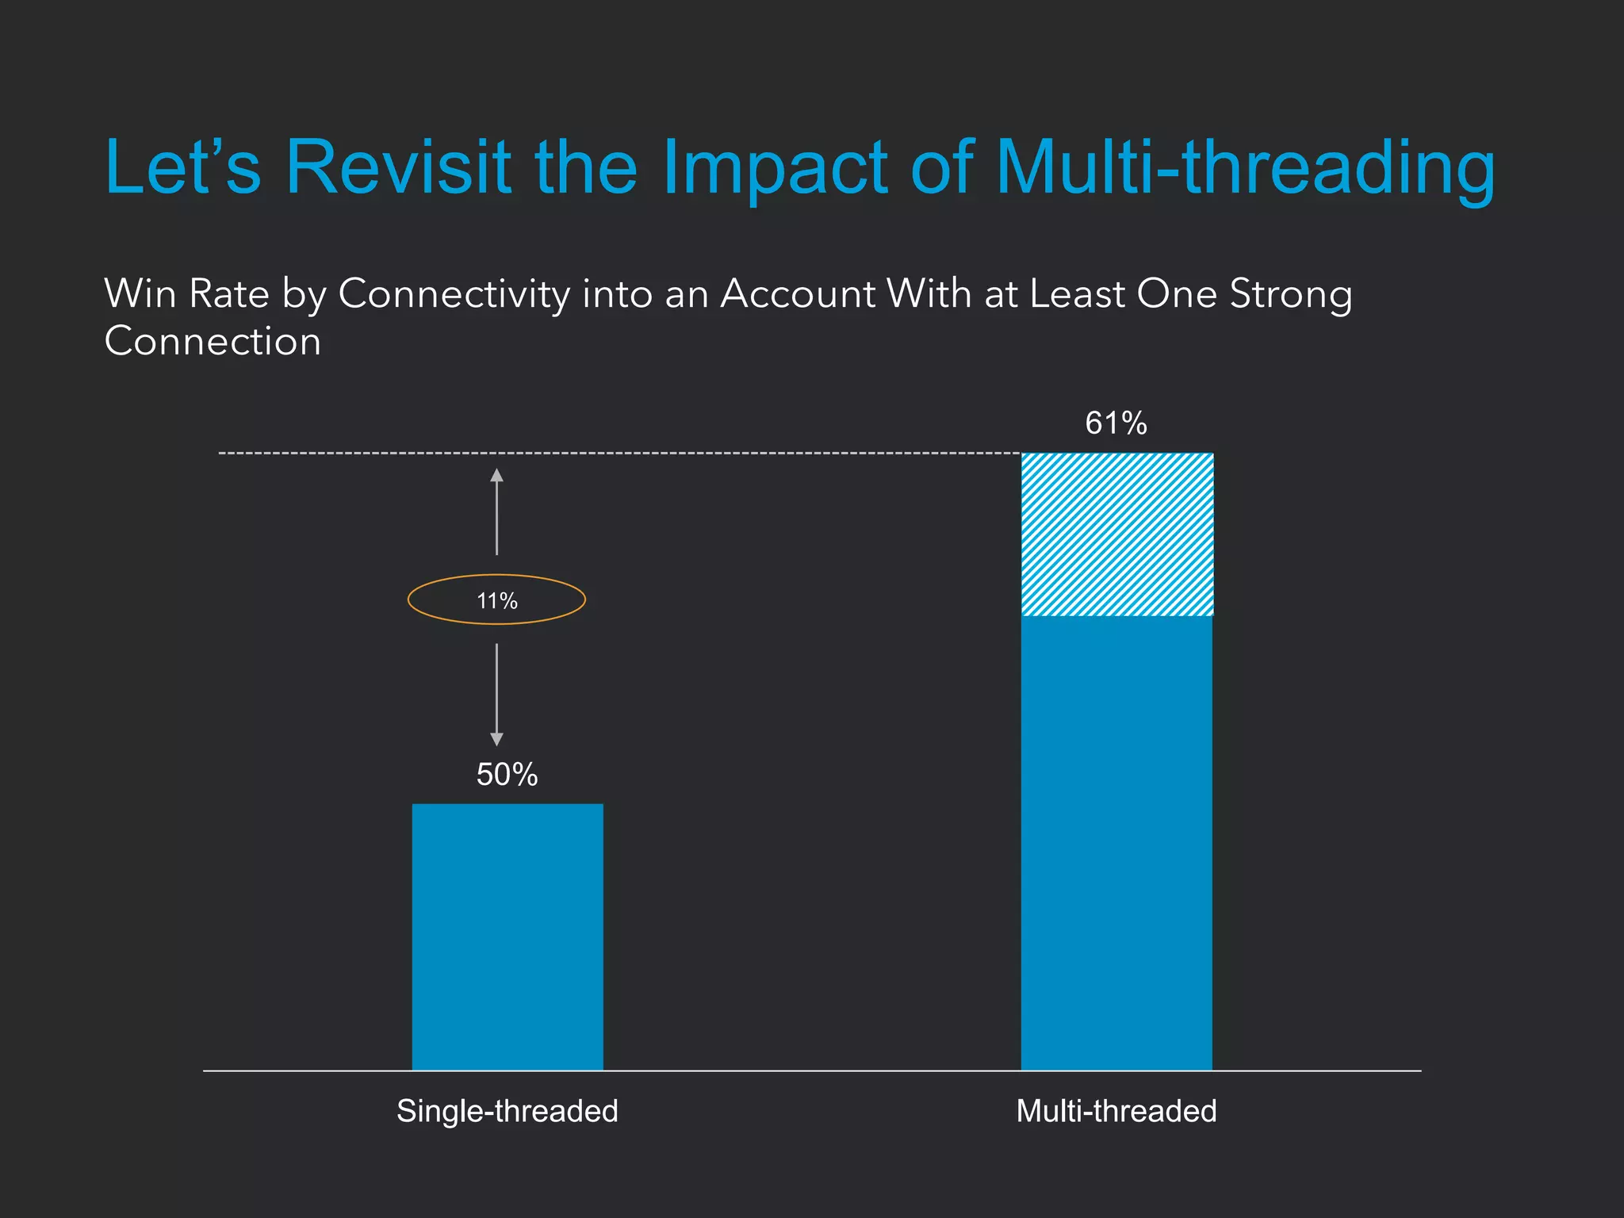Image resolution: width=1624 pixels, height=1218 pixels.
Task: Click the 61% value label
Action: point(1116,423)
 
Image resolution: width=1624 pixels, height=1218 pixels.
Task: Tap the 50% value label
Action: point(507,775)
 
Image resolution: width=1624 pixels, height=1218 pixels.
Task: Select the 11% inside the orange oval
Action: point(497,601)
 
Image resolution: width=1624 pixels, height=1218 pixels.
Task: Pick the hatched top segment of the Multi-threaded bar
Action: point(1116,534)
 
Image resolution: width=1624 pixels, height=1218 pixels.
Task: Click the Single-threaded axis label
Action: point(507,1111)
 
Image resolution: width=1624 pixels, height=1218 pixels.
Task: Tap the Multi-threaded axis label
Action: point(1116,1111)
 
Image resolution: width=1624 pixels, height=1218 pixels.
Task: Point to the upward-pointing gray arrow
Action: point(497,511)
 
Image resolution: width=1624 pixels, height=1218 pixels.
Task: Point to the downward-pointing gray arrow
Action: point(497,695)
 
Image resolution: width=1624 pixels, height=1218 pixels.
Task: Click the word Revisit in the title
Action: point(397,167)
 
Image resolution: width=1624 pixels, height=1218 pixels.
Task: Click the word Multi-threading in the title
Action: point(1244,167)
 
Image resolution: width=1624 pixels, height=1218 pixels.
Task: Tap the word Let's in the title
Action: point(182,167)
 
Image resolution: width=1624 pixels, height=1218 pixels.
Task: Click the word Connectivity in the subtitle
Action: point(454,294)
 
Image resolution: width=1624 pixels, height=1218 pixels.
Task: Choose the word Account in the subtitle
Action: point(797,294)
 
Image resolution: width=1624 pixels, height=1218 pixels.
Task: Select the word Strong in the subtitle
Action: point(1290,294)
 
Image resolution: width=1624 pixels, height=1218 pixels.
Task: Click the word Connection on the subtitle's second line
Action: point(213,342)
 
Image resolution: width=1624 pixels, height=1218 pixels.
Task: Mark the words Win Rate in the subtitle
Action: point(187,294)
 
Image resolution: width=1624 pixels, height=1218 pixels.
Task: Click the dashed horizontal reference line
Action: point(619,454)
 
